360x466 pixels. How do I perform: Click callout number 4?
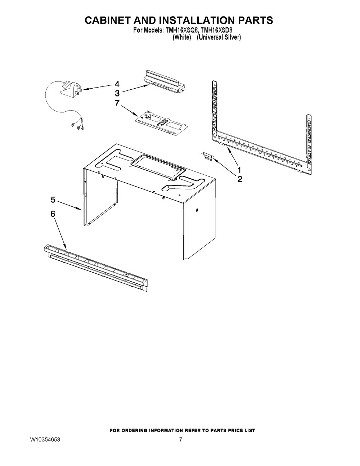click(x=117, y=84)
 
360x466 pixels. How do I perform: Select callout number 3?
click(x=117, y=93)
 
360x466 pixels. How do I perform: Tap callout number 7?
click(x=117, y=103)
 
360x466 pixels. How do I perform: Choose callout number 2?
click(x=240, y=179)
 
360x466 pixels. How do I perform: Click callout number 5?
click(x=53, y=199)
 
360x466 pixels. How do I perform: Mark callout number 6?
click(x=53, y=214)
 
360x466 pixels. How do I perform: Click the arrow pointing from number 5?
click(x=70, y=206)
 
